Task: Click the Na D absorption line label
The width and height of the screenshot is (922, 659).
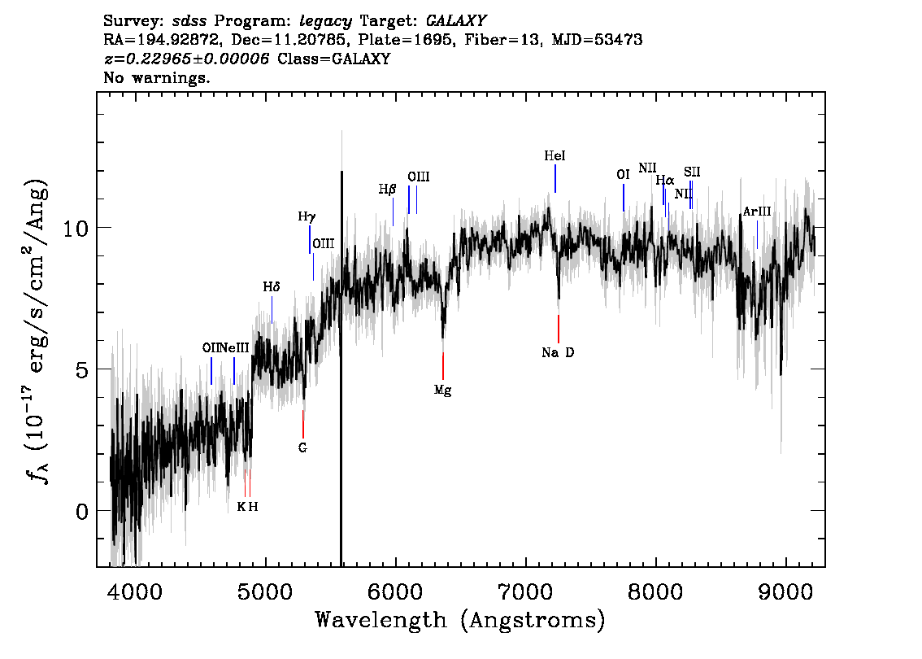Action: point(558,352)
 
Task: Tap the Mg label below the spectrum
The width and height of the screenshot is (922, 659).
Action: point(443,390)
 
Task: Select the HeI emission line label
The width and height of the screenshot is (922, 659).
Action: point(555,155)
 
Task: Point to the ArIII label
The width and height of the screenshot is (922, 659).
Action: point(757,212)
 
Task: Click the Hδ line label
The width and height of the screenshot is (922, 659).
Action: point(271,286)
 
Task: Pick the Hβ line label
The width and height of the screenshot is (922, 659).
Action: point(387,190)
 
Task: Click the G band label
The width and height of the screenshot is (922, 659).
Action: point(302,447)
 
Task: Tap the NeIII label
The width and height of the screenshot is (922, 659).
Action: point(234,347)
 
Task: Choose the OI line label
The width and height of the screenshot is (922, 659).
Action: point(623,175)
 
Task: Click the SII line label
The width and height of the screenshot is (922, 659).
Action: point(692,172)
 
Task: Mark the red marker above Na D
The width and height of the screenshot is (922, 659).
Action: point(559,329)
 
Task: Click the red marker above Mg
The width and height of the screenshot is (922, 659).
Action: point(443,366)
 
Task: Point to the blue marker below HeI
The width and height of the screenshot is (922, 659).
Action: point(555,178)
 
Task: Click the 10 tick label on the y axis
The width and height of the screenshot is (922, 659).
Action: point(76,228)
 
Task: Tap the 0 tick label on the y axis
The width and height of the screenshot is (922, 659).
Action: point(82,511)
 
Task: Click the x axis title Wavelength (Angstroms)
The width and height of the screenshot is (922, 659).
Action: point(460,620)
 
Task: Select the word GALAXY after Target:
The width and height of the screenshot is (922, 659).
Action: point(456,21)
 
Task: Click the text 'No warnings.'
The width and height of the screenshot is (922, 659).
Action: point(156,77)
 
